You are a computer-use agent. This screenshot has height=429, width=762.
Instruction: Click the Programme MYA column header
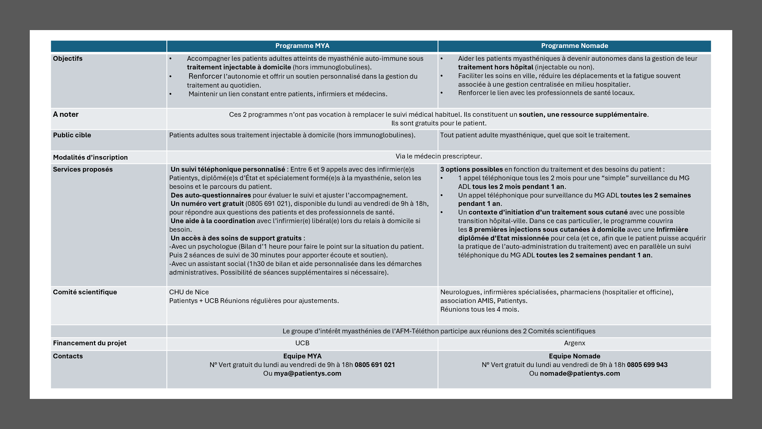click(x=302, y=46)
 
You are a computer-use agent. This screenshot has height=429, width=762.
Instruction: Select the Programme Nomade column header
click(x=574, y=46)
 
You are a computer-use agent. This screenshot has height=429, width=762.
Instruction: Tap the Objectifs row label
click(x=68, y=59)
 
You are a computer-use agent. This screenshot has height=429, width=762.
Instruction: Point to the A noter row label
click(x=66, y=114)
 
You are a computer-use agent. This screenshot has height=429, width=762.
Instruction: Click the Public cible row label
click(x=72, y=135)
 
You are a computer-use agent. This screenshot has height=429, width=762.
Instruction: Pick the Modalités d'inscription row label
click(x=90, y=157)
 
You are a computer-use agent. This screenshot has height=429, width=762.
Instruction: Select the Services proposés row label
click(x=83, y=170)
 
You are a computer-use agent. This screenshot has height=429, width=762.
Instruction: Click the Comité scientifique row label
click(x=85, y=292)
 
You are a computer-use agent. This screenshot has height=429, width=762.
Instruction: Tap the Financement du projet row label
click(x=90, y=343)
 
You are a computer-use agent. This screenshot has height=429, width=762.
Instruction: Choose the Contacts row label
click(x=68, y=356)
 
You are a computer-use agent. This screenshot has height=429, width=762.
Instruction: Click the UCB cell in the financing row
click(x=302, y=343)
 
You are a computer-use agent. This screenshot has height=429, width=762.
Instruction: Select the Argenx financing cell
click(x=574, y=343)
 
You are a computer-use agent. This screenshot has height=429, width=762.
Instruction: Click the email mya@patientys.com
click(x=307, y=374)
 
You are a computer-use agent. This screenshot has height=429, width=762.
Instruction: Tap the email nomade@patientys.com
click(x=580, y=374)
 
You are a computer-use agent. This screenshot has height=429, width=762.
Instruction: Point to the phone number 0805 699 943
click(x=647, y=365)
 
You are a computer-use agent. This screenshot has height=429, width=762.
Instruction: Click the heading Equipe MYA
click(x=302, y=356)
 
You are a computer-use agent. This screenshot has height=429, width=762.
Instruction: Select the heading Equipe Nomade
click(x=574, y=356)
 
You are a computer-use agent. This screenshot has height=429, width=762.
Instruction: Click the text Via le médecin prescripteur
click(x=439, y=156)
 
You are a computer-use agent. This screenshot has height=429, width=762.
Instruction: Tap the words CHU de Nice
click(x=189, y=292)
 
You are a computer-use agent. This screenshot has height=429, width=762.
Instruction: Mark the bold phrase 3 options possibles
click(x=471, y=170)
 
